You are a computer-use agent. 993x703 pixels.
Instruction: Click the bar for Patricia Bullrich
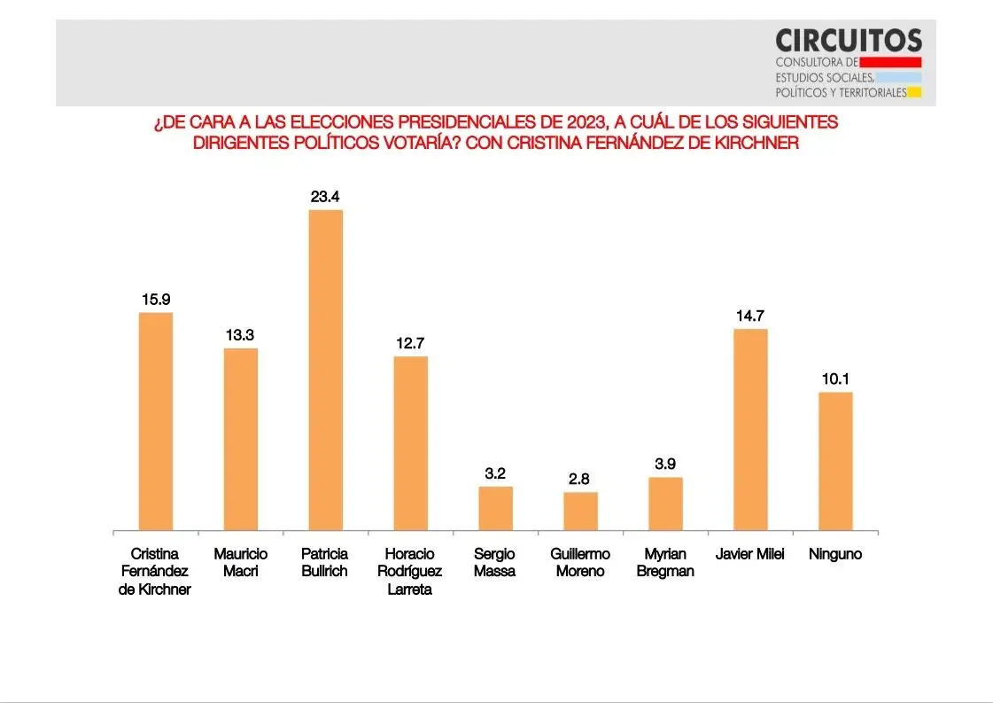(x=325, y=371)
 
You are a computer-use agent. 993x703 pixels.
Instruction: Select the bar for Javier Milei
(x=750, y=430)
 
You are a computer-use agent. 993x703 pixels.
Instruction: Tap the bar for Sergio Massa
(x=495, y=509)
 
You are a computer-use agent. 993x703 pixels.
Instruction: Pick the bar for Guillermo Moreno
(x=580, y=512)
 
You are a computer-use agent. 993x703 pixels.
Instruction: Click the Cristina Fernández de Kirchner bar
(x=155, y=422)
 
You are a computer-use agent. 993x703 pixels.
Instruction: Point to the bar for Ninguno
(x=835, y=461)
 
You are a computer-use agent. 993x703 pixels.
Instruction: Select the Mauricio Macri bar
(x=240, y=440)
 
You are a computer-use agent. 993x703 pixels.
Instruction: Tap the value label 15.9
(x=155, y=299)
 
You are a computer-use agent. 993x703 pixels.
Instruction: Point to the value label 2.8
(x=580, y=479)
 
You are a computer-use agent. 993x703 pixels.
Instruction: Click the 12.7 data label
(x=410, y=343)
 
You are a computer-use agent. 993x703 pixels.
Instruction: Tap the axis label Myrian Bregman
(x=665, y=563)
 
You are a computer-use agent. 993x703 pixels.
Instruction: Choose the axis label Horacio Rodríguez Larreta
(x=410, y=572)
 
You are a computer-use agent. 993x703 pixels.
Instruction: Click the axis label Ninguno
(x=835, y=555)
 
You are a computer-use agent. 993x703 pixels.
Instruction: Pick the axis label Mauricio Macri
(x=240, y=563)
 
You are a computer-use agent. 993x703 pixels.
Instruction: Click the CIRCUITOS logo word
(x=848, y=40)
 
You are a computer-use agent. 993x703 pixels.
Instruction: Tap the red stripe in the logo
(x=890, y=62)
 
